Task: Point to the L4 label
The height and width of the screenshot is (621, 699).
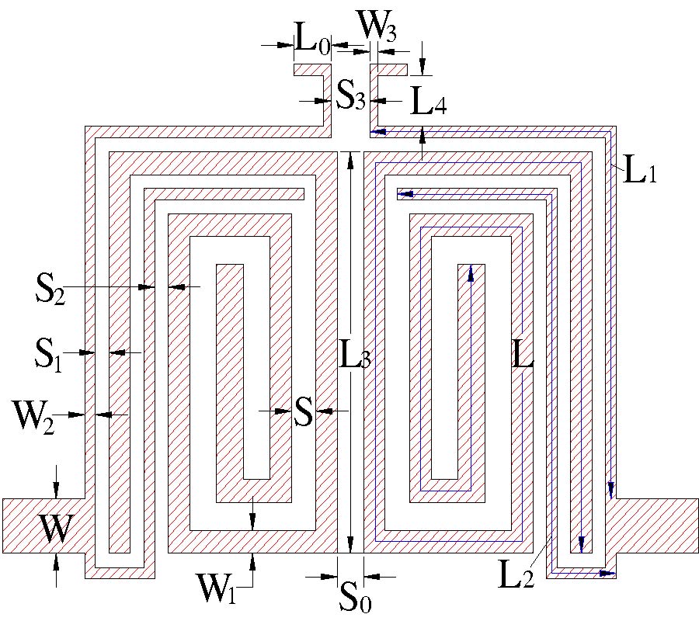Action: (428, 102)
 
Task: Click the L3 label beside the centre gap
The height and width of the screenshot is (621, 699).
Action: (356, 356)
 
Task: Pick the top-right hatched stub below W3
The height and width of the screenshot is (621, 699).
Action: (388, 70)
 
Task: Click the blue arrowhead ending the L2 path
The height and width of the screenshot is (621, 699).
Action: (610, 574)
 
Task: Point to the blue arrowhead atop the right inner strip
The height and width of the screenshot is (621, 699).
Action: (469, 269)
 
